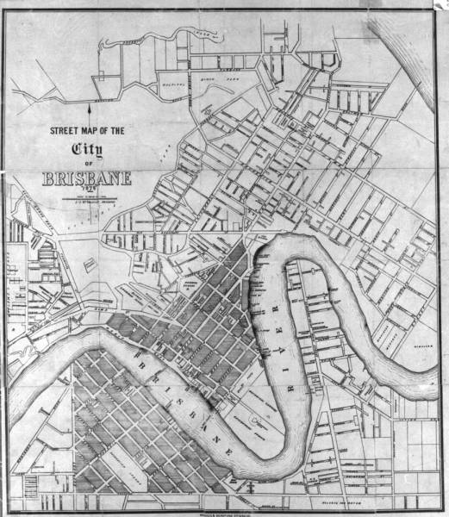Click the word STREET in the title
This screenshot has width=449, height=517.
point(64,131)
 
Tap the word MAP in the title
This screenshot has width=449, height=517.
point(97,131)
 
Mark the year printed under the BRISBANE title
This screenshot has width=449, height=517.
point(86,191)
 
